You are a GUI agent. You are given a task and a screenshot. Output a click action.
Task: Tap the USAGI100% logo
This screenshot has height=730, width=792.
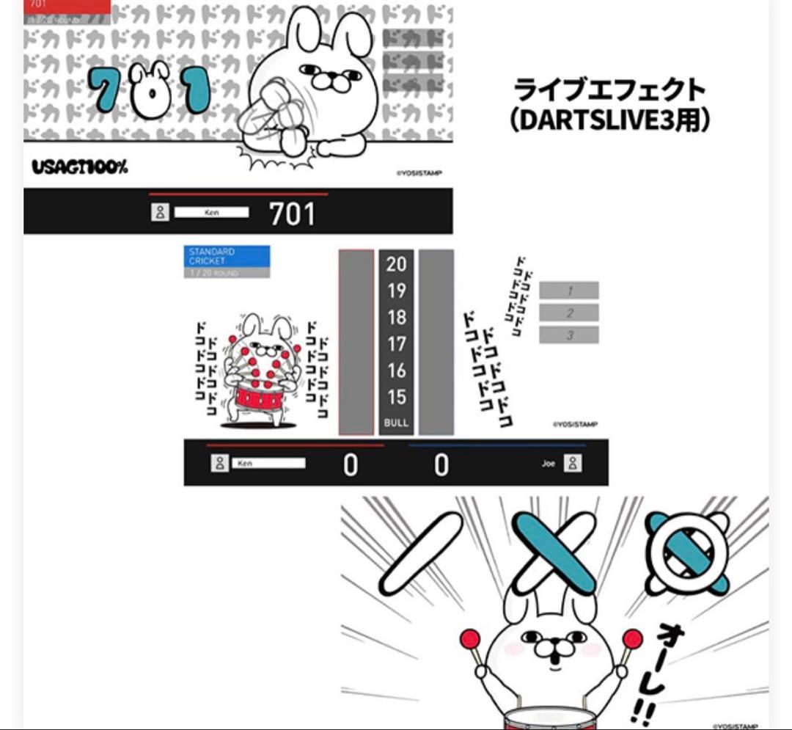[x=79, y=167]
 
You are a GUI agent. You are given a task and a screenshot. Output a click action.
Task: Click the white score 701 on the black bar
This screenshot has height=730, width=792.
[x=292, y=213]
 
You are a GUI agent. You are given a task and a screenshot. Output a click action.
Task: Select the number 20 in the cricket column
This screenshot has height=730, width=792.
[x=397, y=264]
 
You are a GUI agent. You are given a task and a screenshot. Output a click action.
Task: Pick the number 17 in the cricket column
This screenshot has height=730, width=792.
[x=397, y=343]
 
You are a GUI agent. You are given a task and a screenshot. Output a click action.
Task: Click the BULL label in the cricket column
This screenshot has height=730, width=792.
[x=397, y=423]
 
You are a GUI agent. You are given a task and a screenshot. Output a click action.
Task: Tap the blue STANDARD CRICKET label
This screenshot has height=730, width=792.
[x=227, y=256]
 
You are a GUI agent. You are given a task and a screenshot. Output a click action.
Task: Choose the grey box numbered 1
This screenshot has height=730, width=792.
[x=569, y=291]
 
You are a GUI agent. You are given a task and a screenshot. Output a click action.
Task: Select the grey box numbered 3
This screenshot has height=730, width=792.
[x=569, y=335]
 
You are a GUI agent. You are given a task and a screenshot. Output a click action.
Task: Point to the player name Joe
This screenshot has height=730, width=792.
[x=549, y=464]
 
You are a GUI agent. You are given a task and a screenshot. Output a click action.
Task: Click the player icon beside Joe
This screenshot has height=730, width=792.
[x=573, y=464]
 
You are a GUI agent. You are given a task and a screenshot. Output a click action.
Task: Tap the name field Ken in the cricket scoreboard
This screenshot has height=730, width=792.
[x=268, y=464]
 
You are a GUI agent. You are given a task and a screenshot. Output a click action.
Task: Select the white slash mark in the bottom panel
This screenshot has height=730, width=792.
[x=423, y=554]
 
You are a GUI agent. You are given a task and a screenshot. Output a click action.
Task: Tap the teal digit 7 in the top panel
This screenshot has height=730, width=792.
[x=107, y=88]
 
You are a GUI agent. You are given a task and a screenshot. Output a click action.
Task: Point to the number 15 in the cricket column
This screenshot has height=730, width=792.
[x=397, y=397]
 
